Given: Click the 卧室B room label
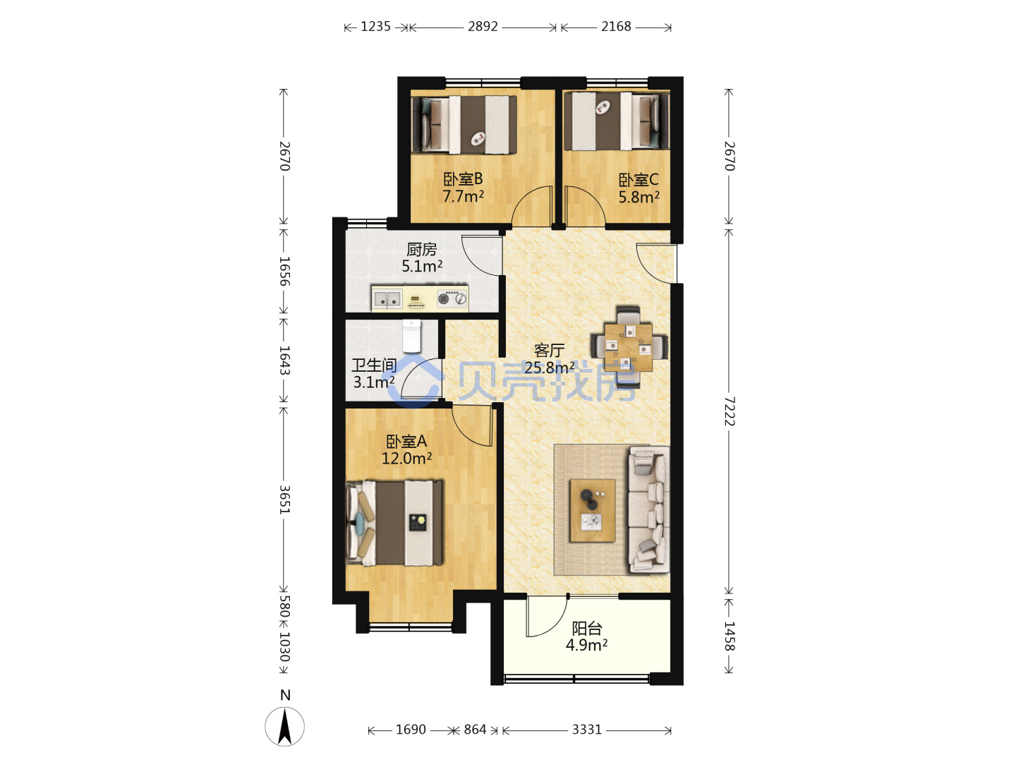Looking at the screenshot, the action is (x=462, y=179).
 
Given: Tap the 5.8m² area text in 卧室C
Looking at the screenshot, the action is (x=639, y=197).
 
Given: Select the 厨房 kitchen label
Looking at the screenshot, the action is (x=421, y=249).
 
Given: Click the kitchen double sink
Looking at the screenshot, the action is (x=387, y=298).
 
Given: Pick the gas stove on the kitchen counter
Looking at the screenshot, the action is (x=452, y=298).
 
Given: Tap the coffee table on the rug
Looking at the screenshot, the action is (x=592, y=510).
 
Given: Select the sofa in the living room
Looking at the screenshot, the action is (x=648, y=509).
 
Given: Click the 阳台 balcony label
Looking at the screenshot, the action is (x=586, y=628).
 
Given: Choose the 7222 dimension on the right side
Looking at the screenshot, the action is (x=728, y=411).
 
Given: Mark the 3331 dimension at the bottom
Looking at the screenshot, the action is (x=586, y=729).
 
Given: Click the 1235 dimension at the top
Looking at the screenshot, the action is (x=375, y=26).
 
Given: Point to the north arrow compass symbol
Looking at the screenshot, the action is (x=284, y=727).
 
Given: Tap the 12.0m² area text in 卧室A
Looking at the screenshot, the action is (x=406, y=458).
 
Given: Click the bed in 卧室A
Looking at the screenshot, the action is (x=394, y=524).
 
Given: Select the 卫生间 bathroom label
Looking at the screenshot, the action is (x=374, y=365).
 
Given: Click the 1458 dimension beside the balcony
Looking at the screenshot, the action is (x=729, y=636).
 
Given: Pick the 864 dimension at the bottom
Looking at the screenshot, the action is (x=475, y=729).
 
